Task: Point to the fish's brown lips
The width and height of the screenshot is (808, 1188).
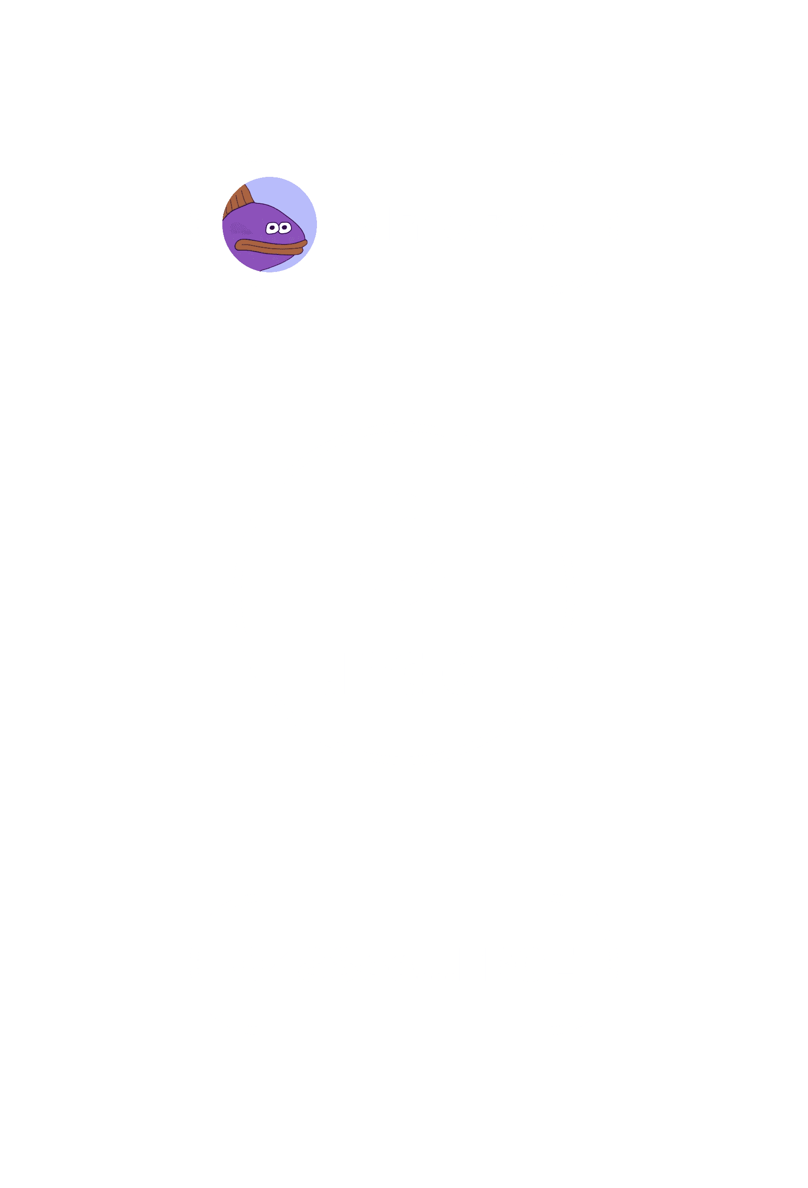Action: pos(271,247)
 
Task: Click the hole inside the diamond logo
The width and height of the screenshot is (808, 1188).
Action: pos(404,549)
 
